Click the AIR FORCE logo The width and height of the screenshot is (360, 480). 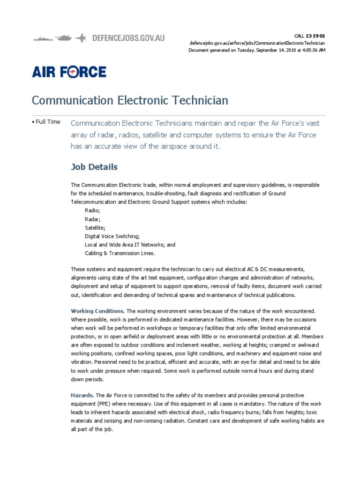[x=69, y=72]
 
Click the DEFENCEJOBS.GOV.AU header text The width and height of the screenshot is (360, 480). [x=128, y=37]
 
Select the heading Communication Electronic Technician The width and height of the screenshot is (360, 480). [x=130, y=100]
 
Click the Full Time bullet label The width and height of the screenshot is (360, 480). [x=47, y=122]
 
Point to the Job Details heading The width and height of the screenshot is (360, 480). [x=94, y=167]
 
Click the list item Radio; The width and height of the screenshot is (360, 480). [x=92, y=210]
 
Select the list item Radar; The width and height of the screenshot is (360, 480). [x=93, y=219]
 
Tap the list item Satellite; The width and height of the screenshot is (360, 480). [x=95, y=227]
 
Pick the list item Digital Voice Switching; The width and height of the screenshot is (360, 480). [x=112, y=236]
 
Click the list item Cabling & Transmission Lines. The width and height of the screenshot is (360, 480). [x=120, y=253]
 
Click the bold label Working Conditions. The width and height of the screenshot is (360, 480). [x=97, y=311]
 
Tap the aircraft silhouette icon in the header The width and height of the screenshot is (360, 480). [x=81, y=37]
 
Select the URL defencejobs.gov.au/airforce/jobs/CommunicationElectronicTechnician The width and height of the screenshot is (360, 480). [x=257, y=43]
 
